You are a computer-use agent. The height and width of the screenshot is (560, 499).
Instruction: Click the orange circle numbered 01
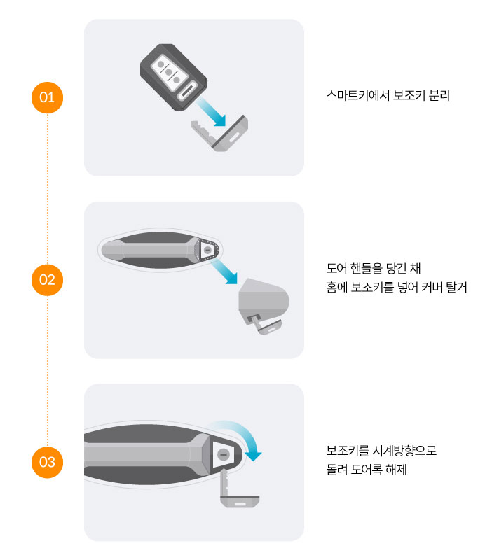[x=47, y=97]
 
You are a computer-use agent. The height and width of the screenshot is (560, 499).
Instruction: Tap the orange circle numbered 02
[x=47, y=280]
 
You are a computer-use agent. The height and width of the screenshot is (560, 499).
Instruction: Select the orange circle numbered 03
[x=47, y=463]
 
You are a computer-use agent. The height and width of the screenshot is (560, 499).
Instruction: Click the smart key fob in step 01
[x=173, y=77]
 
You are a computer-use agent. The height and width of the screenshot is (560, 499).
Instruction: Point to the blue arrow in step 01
[x=211, y=112]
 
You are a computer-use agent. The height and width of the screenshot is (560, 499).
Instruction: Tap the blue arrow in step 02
[x=224, y=272]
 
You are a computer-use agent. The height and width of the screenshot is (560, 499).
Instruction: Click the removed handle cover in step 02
[x=264, y=301]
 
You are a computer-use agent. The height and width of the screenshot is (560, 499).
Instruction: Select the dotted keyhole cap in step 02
[x=207, y=250]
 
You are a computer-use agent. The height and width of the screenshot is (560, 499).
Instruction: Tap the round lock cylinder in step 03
[x=224, y=454]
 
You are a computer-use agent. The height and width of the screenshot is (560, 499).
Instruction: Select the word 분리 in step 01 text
[x=439, y=95]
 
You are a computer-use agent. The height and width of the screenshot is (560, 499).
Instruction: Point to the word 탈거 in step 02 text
[x=456, y=287]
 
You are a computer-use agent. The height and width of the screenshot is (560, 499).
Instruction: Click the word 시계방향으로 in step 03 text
[x=404, y=451]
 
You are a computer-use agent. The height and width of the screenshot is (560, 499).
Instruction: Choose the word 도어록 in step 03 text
[x=367, y=469]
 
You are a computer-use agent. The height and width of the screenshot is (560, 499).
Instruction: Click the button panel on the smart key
[x=170, y=74]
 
